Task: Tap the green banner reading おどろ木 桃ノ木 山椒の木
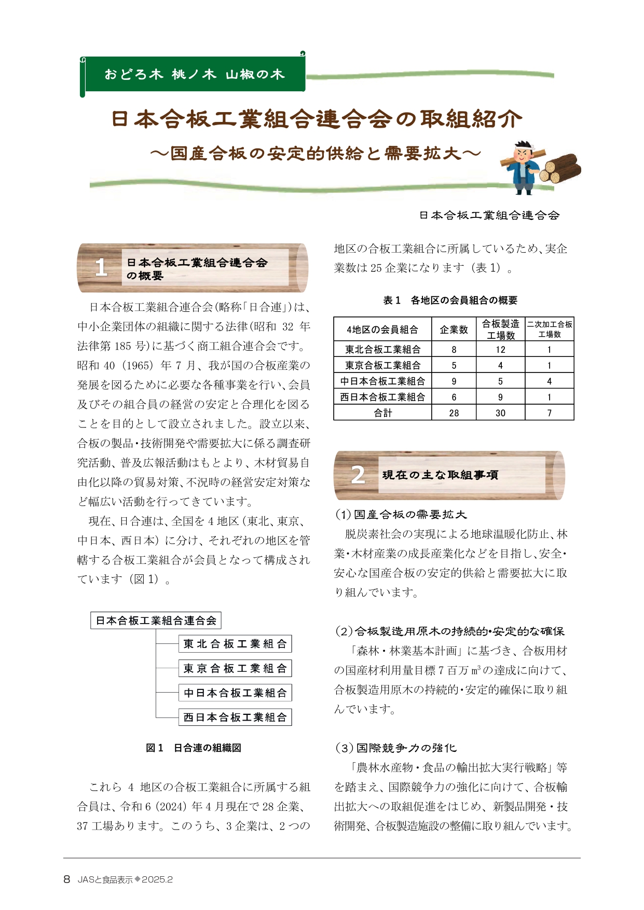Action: pos(195,74)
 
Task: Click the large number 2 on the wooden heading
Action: pos(358,475)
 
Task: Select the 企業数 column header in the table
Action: pos(454,329)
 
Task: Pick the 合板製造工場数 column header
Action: pos(500,329)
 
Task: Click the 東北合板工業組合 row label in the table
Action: pos(383,349)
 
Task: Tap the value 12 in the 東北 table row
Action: pos(500,349)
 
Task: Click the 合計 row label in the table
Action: pos(383,413)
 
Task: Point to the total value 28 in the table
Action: pos(454,413)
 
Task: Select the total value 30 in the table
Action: pos(500,413)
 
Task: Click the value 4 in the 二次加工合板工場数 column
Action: pos(549,381)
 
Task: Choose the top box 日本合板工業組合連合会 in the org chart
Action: pos(156,621)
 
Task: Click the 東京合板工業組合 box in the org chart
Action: pos(235,669)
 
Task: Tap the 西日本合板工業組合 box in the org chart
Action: pos(235,718)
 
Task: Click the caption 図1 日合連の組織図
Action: pos(194,748)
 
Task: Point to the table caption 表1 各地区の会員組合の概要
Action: pos(450,300)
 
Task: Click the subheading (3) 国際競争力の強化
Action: pos(396,748)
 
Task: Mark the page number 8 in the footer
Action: pos(66,879)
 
